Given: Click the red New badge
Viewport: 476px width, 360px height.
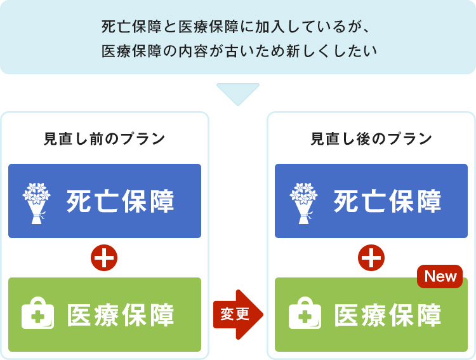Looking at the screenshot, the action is pyautogui.click(x=440, y=276).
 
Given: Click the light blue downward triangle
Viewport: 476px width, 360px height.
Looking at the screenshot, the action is pyautogui.click(x=238, y=93).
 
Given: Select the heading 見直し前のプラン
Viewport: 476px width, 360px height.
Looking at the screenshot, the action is pyautogui.click(x=105, y=139).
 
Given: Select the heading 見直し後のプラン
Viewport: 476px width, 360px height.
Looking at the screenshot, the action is pyautogui.click(x=371, y=139).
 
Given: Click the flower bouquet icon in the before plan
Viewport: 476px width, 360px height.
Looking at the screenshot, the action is pyautogui.click(x=36, y=203).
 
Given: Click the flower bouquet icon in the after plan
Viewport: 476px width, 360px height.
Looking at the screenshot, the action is pyautogui.click(x=303, y=203).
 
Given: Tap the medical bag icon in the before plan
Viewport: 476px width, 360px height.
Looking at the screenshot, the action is pyautogui.click(x=37, y=313).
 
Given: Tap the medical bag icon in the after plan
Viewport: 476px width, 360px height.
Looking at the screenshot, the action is pyautogui.click(x=305, y=313).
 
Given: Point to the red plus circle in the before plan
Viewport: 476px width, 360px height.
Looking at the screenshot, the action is pyautogui.click(x=104, y=258).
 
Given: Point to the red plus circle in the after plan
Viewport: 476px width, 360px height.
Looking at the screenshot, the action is pyautogui.click(x=371, y=258).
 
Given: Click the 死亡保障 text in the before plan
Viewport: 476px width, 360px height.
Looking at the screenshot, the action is pyautogui.click(x=120, y=201).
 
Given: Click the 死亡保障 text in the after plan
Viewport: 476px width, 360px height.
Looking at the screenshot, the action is pyautogui.click(x=387, y=201).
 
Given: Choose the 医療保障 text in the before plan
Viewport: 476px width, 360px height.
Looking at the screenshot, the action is pyautogui.click(x=121, y=315).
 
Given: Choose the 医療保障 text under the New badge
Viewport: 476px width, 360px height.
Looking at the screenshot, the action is pyautogui.click(x=388, y=315).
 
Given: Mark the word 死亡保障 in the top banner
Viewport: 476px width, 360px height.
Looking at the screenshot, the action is pyautogui.click(x=131, y=27).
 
